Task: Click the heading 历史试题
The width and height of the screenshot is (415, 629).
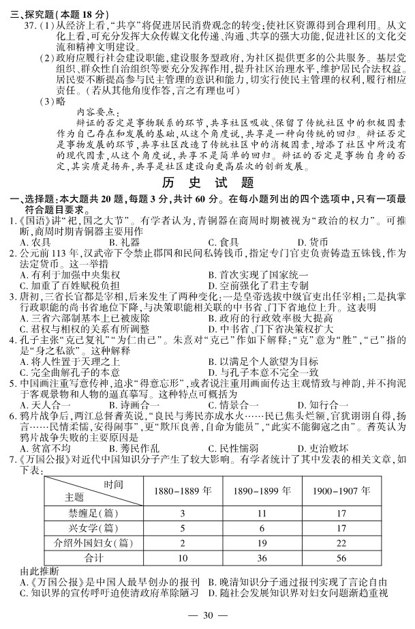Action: (207, 184)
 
